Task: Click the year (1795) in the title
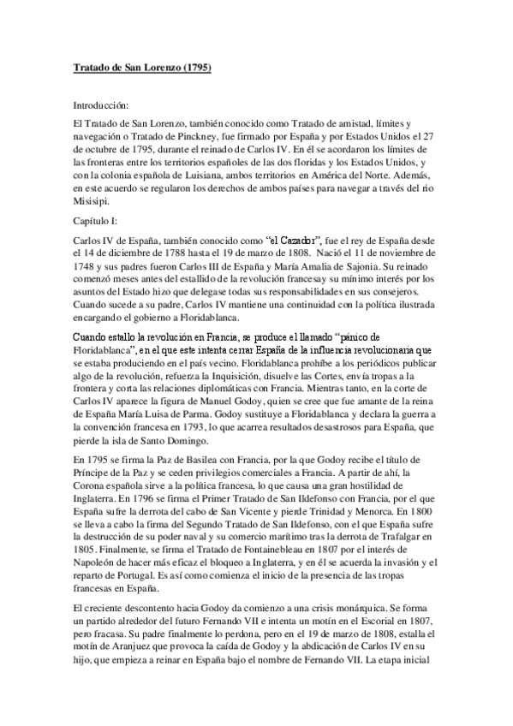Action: click(194, 66)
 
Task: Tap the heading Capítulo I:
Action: click(96, 221)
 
